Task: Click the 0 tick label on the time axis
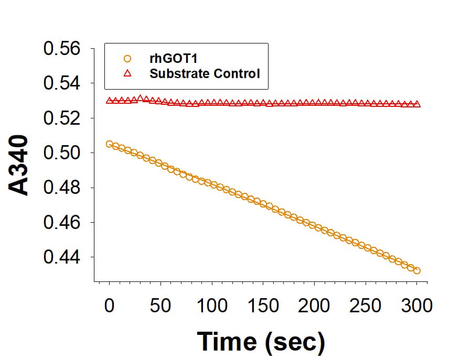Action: pyautogui.click(x=109, y=305)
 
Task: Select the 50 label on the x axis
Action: pyautogui.click(x=160, y=305)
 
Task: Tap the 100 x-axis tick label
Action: pyautogui.click(x=211, y=305)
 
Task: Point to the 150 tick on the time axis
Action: pyautogui.click(x=263, y=305)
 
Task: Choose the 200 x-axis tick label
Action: pyautogui.click(x=314, y=305)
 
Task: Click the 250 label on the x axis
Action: pyautogui.click(x=365, y=305)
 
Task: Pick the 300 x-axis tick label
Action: pyautogui.click(x=416, y=305)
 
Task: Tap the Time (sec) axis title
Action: pyautogui.click(x=261, y=341)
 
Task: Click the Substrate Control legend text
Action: pyautogui.click(x=205, y=73)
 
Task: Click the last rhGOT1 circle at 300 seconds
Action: pyautogui.click(x=417, y=270)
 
